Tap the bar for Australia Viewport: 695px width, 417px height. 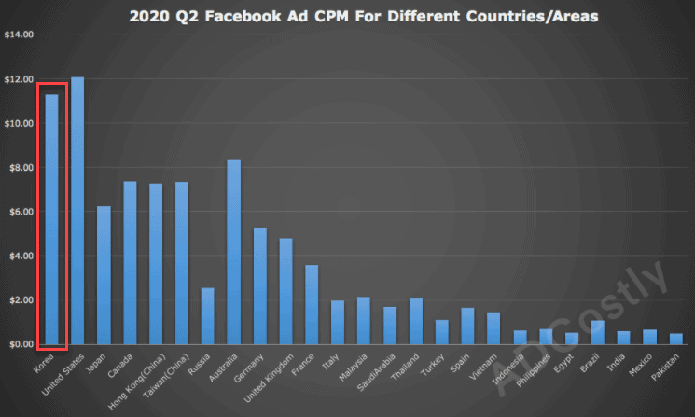point(234,252)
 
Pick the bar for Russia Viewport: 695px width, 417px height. point(208,316)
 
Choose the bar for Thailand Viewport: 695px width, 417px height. point(417,321)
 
